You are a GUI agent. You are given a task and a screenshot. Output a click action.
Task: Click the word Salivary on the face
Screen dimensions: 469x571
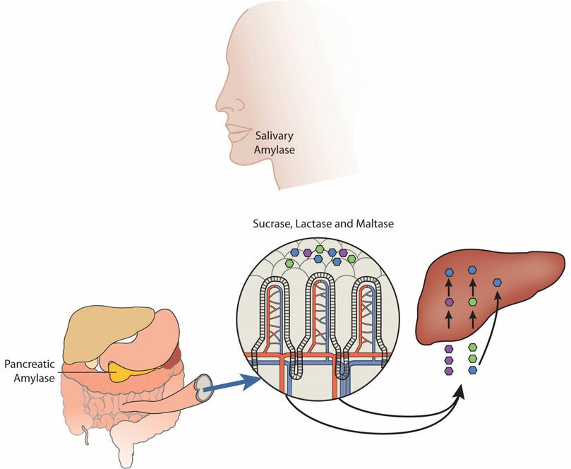click(273, 137)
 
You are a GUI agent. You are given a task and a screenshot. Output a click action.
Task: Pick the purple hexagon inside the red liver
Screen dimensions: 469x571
click(448, 302)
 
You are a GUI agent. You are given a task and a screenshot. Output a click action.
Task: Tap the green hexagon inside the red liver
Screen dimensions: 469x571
click(472, 302)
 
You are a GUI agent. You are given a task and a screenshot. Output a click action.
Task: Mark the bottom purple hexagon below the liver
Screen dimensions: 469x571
click(448, 370)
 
